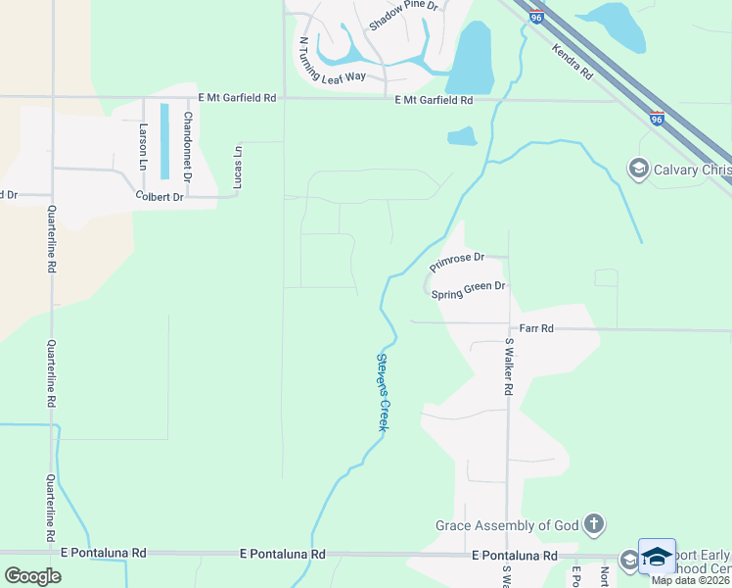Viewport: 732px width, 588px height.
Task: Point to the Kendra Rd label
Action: (x=572, y=61)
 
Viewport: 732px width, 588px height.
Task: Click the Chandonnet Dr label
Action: (x=187, y=143)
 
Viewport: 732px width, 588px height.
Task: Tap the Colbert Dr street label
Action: (x=160, y=197)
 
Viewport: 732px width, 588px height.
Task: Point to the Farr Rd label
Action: (x=536, y=329)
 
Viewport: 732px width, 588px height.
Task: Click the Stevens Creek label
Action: (x=384, y=393)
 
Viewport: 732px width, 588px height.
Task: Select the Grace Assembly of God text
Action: (x=507, y=525)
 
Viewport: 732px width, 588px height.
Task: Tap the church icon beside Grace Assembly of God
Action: (x=594, y=524)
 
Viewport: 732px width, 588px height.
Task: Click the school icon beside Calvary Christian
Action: (x=639, y=170)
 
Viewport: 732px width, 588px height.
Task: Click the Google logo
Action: (x=32, y=575)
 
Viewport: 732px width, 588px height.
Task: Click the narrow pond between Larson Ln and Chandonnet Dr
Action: (x=164, y=141)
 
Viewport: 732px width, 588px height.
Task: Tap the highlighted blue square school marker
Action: (x=657, y=557)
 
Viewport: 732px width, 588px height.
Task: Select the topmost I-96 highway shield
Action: (x=534, y=17)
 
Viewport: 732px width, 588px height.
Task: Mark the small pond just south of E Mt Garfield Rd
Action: (x=462, y=136)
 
